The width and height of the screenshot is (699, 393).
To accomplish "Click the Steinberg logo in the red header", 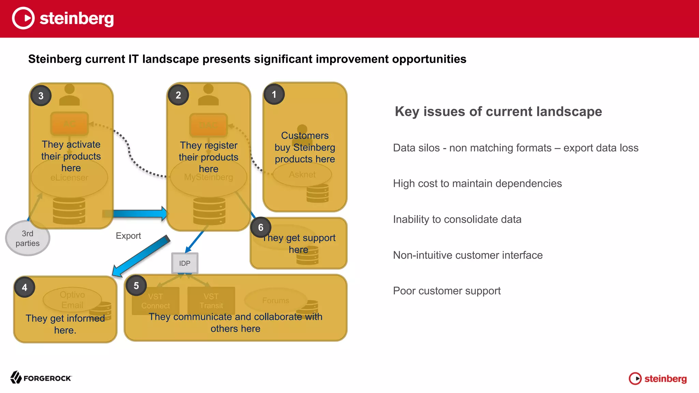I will tap(63, 18).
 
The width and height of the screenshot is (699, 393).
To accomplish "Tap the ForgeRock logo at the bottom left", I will tap(41, 378).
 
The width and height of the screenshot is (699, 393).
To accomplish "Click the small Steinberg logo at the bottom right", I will tap(658, 378).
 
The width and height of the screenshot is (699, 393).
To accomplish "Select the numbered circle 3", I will tap(41, 96).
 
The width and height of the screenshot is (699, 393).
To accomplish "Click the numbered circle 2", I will tap(178, 95).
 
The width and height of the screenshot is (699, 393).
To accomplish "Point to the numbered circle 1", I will tap(274, 94).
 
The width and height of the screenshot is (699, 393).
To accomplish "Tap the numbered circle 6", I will tap(261, 228).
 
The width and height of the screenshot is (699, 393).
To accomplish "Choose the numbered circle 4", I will tap(25, 288).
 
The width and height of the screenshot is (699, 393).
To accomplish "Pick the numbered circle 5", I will tap(136, 286).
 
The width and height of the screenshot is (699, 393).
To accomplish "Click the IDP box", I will tap(185, 263).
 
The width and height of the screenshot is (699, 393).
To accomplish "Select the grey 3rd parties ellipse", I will tap(28, 238).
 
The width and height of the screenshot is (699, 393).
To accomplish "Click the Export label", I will tap(128, 236).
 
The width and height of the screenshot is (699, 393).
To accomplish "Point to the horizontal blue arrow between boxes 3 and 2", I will tap(137, 214).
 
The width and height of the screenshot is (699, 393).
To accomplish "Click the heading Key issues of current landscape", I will tap(498, 112).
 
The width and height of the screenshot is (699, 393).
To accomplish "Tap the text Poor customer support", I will tap(447, 291).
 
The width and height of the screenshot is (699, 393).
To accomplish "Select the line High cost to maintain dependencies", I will tap(477, 184).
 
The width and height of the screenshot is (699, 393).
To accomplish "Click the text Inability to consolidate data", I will tap(457, 219).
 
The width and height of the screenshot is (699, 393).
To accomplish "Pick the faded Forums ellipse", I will tap(276, 300).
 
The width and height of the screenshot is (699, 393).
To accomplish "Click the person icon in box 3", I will tap(69, 95).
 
